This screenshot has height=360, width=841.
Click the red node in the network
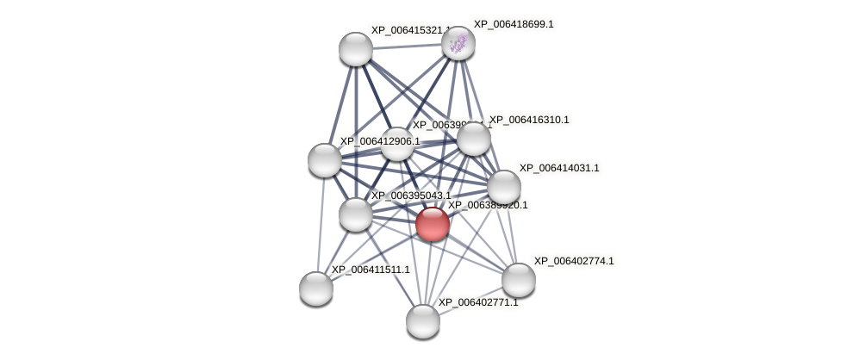tap(432, 224)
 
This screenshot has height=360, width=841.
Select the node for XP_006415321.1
tap(355, 49)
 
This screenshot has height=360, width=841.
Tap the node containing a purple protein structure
tap(458, 43)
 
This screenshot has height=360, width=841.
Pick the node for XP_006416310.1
tap(473, 140)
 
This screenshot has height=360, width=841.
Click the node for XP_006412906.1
tap(325, 160)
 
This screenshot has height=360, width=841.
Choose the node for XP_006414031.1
tap(503, 187)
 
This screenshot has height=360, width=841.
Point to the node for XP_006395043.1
tap(355, 214)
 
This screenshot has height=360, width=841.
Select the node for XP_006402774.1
tap(518, 279)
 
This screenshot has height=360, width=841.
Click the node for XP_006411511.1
tap(316, 289)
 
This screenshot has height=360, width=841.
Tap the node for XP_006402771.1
tap(422, 321)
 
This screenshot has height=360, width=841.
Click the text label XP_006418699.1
tap(514, 24)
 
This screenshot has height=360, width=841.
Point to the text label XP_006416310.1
tap(529, 120)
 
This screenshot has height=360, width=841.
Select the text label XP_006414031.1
tap(558, 168)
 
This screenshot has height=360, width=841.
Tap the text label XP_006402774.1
tap(574, 261)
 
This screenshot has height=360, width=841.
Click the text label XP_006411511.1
tap(371, 270)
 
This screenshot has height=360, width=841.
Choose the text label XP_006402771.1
tap(478, 302)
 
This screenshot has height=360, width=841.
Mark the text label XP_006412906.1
tap(379, 141)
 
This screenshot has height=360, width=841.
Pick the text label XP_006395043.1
tap(410, 196)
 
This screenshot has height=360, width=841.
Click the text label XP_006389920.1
tap(488, 205)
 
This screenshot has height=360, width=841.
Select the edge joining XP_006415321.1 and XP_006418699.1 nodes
tap(407, 47)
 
